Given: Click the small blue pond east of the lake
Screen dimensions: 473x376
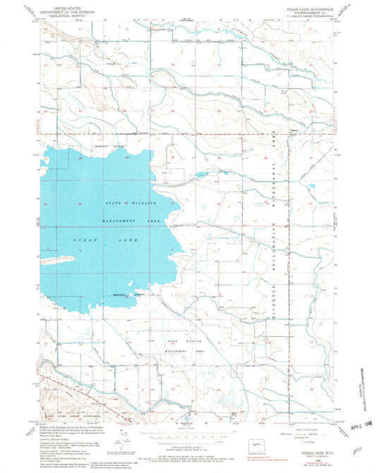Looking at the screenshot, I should pos(200,174).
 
